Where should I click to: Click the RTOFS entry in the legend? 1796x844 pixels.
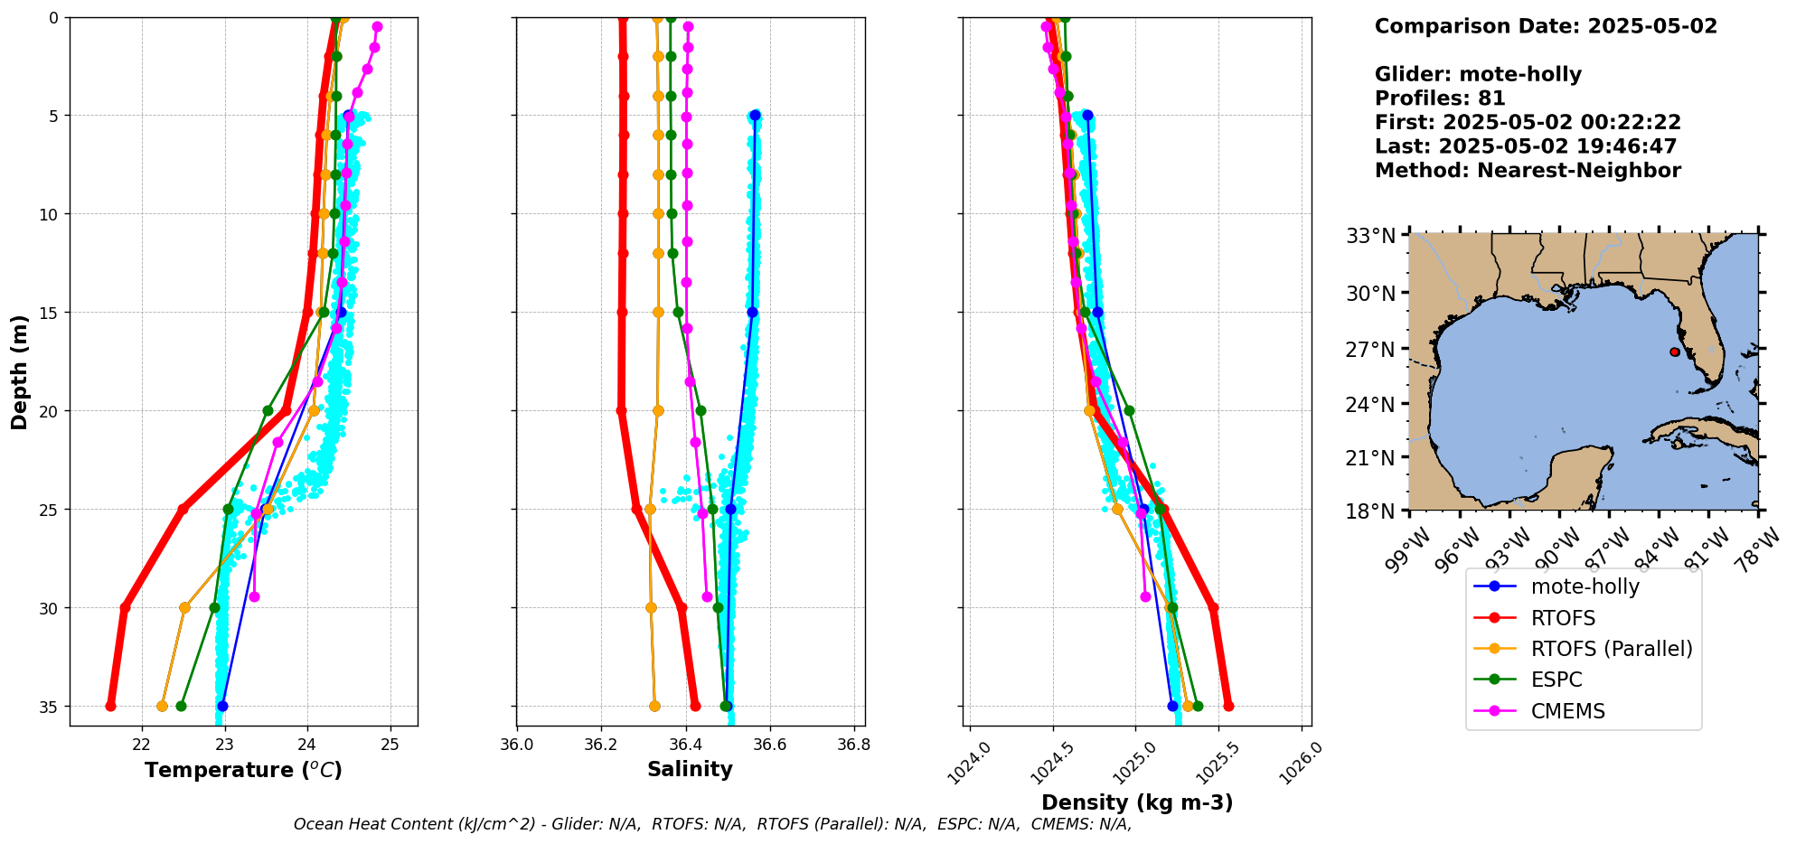pyautogui.click(x=1563, y=618)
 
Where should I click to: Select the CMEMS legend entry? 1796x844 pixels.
pyautogui.click(x=1567, y=711)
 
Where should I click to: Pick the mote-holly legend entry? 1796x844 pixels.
pyautogui.click(x=1584, y=586)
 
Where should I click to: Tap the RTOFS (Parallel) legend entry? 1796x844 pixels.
pyautogui.click(x=1611, y=649)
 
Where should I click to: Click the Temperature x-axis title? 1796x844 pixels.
pyautogui.click(x=243, y=770)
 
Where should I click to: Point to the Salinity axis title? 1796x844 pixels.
pyautogui.click(x=690, y=769)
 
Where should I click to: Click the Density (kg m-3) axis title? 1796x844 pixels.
pyautogui.click(x=1137, y=802)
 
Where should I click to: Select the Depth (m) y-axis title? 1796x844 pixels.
pyautogui.click(x=20, y=371)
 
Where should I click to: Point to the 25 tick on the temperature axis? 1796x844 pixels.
pyautogui.click(x=390, y=744)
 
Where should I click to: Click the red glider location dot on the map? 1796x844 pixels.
pyautogui.click(x=1675, y=352)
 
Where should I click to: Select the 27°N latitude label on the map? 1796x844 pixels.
pyautogui.click(x=1371, y=349)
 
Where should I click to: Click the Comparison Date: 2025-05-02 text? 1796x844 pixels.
pyautogui.click(x=1546, y=26)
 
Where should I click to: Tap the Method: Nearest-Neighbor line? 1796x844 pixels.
pyautogui.click(x=1528, y=171)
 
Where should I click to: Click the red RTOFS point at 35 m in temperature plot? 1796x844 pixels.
pyautogui.click(x=110, y=706)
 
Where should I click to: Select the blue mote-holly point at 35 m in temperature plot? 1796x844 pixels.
pyautogui.click(x=222, y=706)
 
